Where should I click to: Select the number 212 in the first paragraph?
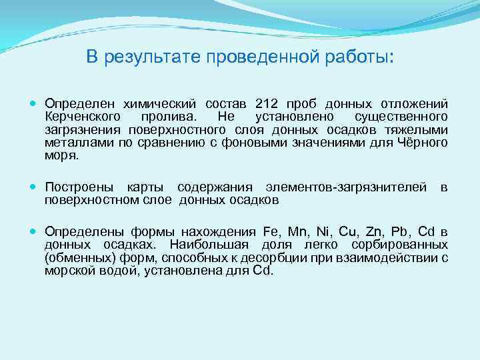tap(264, 105)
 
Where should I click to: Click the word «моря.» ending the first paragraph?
tap(61, 155)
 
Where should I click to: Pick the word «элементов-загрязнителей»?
tap(346, 187)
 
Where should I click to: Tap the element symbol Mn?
tap(299, 231)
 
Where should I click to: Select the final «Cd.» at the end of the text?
tap(263, 270)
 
